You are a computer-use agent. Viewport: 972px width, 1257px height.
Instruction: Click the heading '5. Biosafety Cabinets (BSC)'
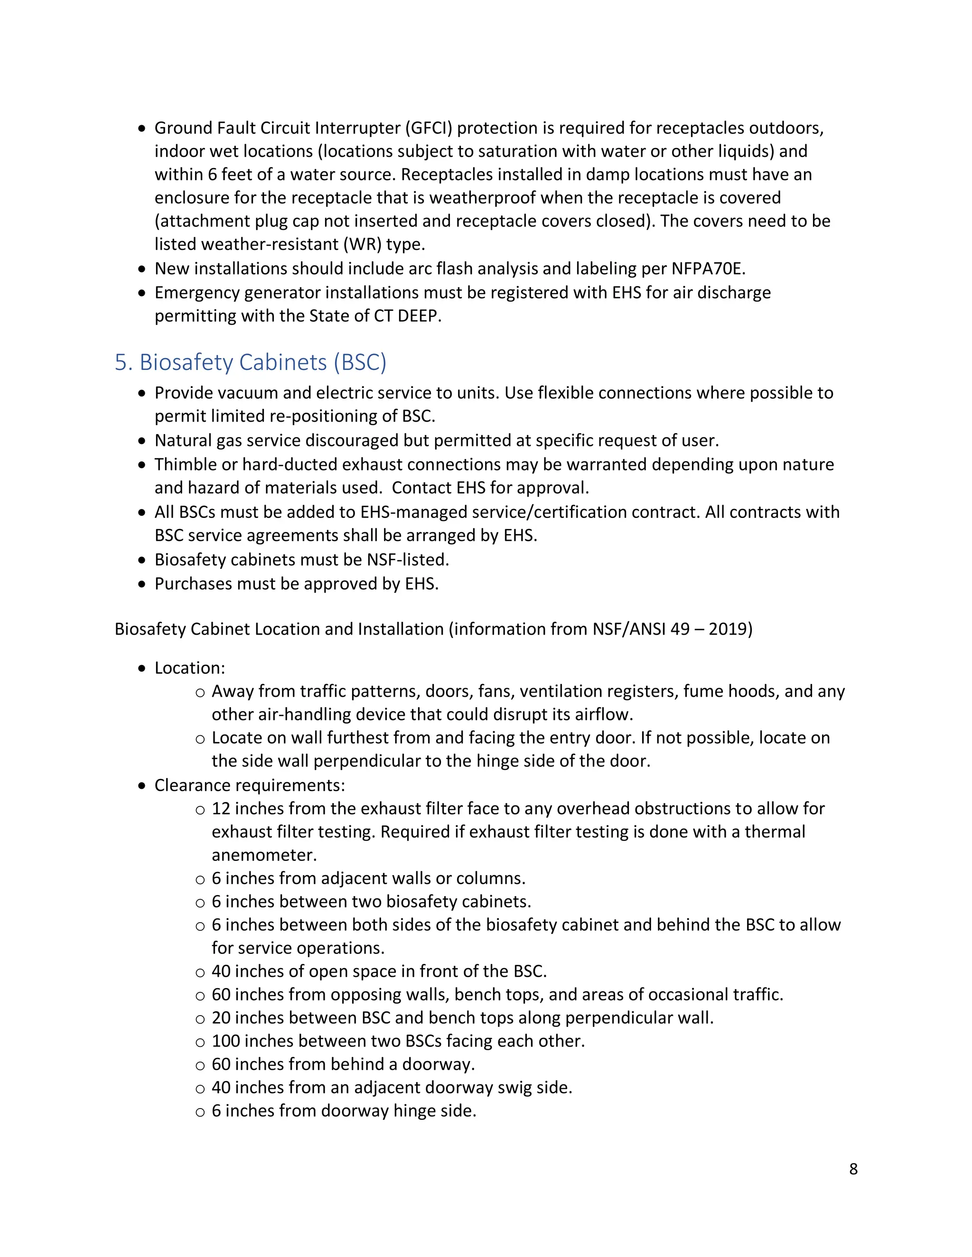(251, 362)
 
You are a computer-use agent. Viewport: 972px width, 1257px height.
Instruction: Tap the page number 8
(853, 1169)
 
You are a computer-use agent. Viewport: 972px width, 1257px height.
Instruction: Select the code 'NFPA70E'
(708, 269)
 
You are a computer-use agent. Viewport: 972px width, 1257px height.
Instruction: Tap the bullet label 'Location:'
(189, 668)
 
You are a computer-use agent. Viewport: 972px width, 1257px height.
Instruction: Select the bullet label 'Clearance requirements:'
(249, 786)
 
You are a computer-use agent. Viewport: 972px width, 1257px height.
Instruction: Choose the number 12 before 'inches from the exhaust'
(221, 809)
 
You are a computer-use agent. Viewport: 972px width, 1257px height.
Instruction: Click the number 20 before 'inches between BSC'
(221, 1018)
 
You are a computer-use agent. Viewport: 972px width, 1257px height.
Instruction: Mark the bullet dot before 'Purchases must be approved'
(142, 585)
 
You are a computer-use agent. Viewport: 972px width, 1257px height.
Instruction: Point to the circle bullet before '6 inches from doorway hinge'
(200, 1112)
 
